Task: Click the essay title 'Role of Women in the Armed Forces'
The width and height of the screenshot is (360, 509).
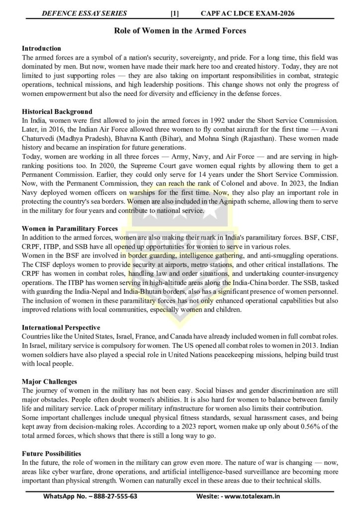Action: (180, 31)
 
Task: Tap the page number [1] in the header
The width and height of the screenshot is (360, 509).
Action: (175, 13)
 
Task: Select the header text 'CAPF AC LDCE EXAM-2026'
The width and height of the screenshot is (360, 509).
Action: (255, 13)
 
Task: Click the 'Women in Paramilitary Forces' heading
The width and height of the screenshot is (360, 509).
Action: (70, 228)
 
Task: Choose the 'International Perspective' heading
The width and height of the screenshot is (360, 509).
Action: (61, 328)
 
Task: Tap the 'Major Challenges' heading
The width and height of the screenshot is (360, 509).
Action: (49, 381)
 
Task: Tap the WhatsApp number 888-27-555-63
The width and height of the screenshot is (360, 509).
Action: (112, 497)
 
